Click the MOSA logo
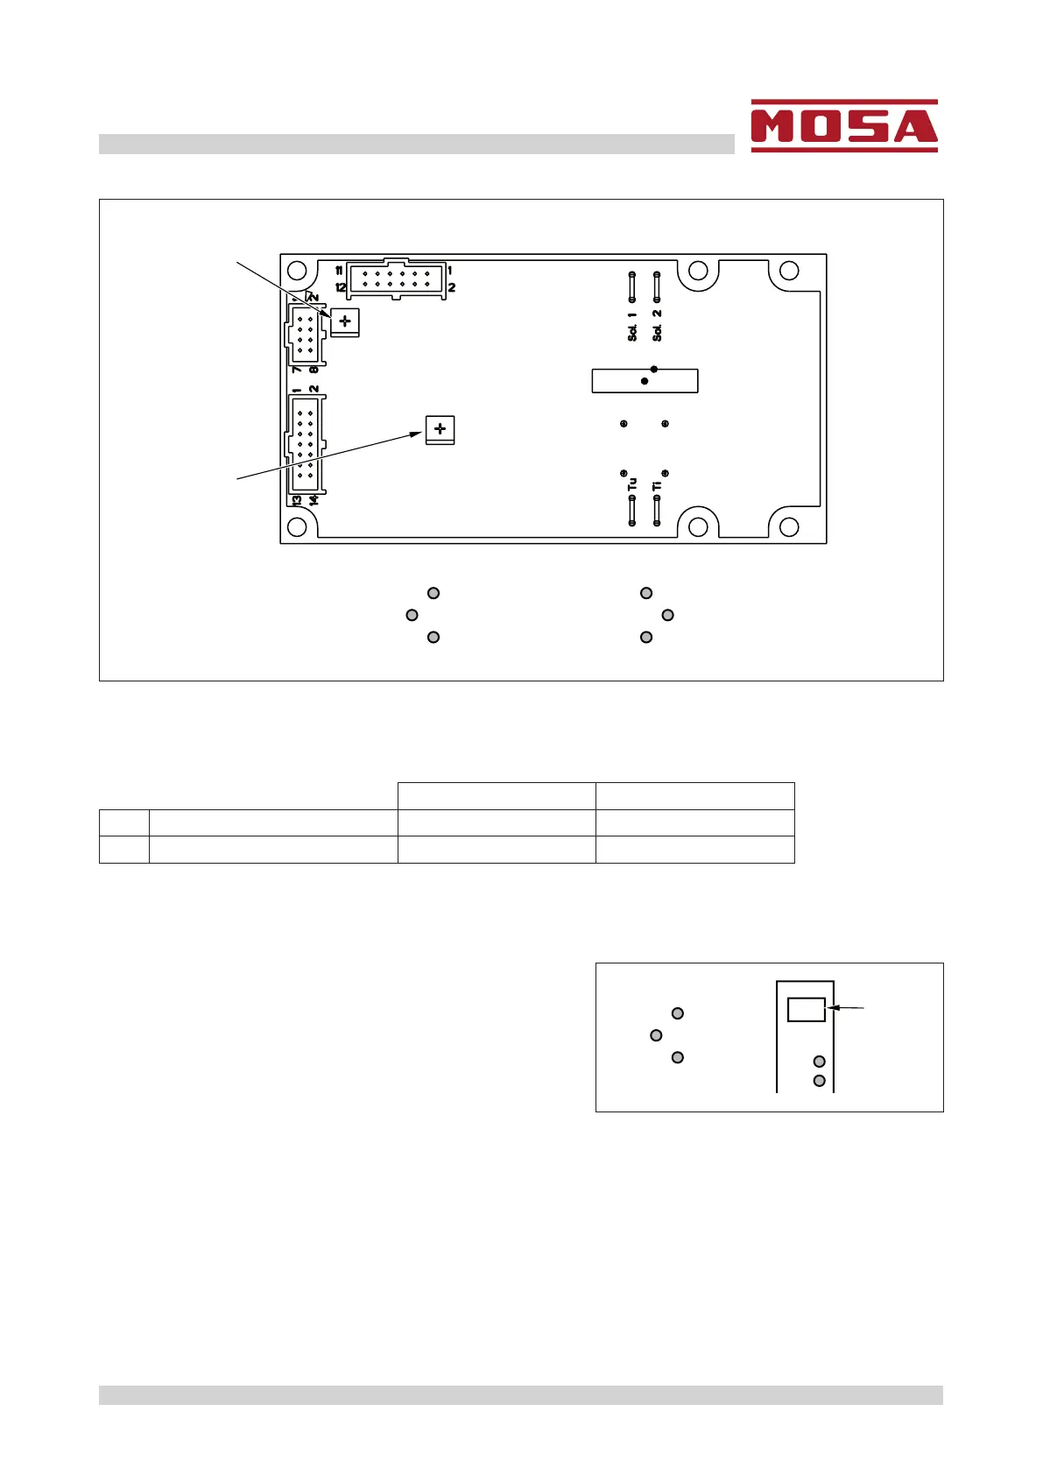pyautogui.click(x=843, y=126)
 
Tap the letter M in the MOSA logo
pyautogui.click(x=774, y=128)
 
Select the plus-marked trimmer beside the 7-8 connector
pyautogui.click(x=345, y=321)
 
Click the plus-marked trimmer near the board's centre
pyautogui.click(x=440, y=429)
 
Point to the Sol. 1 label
pyautogui.click(x=632, y=327)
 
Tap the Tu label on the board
pyautogui.click(x=632, y=483)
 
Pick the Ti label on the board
pyautogui.click(x=657, y=484)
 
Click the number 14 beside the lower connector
pyautogui.click(x=314, y=500)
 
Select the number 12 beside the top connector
pyautogui.click(x=341, y=287)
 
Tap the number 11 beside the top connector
pyautogui.click(x=340, y=272)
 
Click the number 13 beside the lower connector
pyautogui.click(x=297, y=500)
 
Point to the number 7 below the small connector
pyautogui.click(x=298, y=370)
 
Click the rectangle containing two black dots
pyautogui.click(x=645, y=381)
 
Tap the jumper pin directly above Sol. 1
pyautogui.click(x=632, y=286)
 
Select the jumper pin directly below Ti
pyautogui.click(x=657, y=511)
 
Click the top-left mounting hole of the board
pyautogui.click(x=297, y=271)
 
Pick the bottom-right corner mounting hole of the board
pyautogui.click(x=789, y=526)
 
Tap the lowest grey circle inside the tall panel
pyautogui.click(x=820, y=1081)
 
